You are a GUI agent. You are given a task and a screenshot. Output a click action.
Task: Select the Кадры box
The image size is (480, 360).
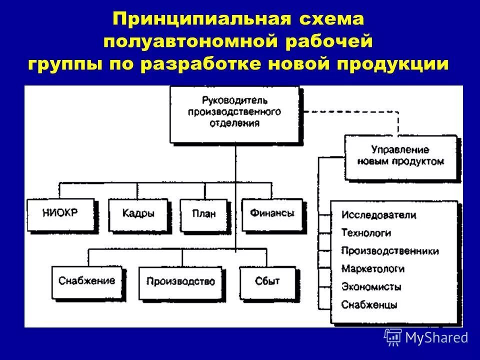coord(138,213)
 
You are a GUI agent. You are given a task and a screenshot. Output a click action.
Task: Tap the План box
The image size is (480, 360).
coord(203,213)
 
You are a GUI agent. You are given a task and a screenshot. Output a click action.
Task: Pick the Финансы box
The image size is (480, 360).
coord(272,213)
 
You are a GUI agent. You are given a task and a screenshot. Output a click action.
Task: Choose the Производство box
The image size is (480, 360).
coord(180,281)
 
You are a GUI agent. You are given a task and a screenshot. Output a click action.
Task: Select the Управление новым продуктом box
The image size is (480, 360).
coord(400,155)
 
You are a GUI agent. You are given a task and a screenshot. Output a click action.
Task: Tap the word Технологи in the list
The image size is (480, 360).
coord(366,233)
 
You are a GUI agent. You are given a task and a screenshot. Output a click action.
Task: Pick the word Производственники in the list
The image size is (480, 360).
coord(390,251)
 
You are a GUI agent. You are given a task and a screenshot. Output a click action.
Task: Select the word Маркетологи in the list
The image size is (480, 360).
coord(373,269)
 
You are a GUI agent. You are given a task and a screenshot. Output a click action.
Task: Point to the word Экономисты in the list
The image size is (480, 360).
coord(371,287)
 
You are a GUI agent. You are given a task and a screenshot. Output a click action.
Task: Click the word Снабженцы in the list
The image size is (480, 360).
coord(369,304)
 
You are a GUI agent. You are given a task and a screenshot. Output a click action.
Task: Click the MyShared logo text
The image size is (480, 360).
coord(436,338)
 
